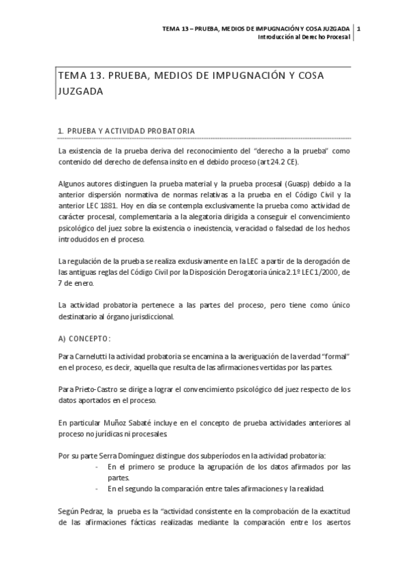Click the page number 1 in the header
[x=359, y=29]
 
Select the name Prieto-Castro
[x=97, y=390]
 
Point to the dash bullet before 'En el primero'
[x=99, y=467]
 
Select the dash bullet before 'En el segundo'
[x=99, y=489]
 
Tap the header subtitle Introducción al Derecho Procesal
[x=303, y=37]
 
